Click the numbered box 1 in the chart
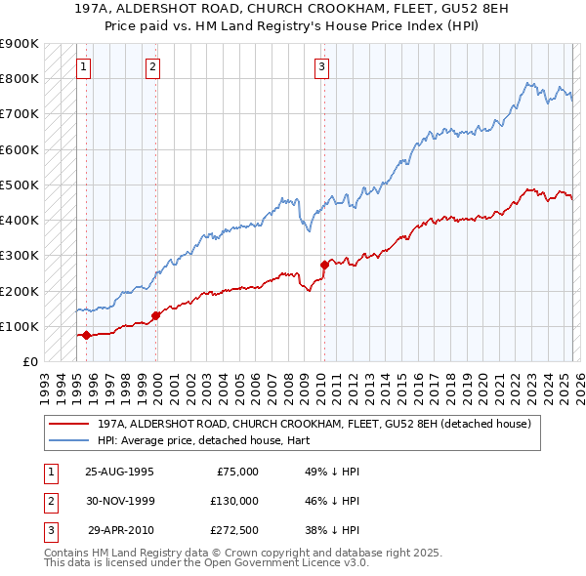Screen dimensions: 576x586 [85, 67]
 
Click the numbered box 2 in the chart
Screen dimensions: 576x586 [154, 67]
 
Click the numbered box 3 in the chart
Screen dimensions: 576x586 [321, 67]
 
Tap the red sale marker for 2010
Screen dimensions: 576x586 [324, 265]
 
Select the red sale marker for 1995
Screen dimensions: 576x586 [86, 335]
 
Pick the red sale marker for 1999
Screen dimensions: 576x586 [155, 315]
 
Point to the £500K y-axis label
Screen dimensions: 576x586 [19, 185]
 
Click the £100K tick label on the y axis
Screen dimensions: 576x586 [19, 326]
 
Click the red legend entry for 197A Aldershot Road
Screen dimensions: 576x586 [314, 424]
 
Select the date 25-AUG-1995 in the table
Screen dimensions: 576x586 [120, 471]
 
